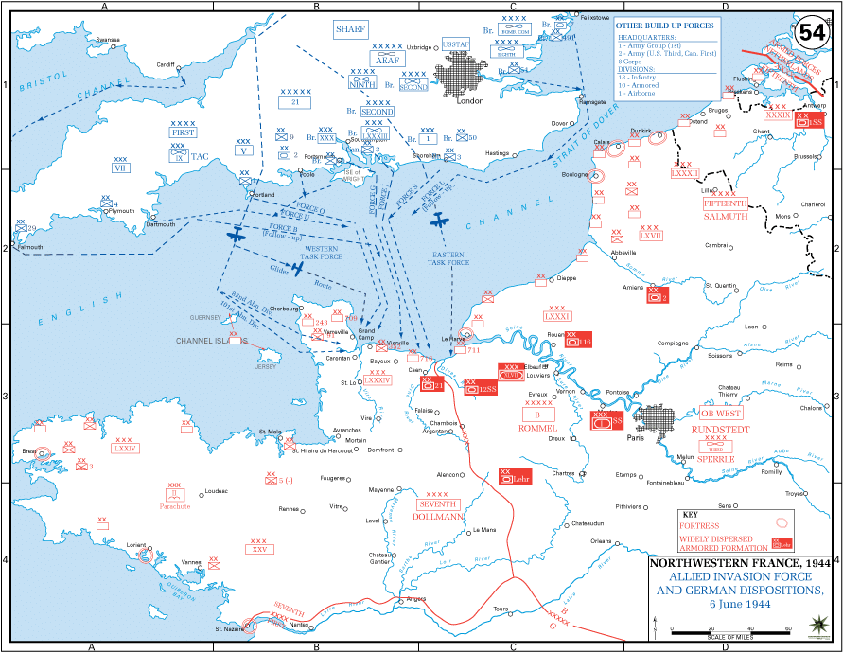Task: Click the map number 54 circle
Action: coord(812,31)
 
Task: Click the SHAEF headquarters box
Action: coord(349,30)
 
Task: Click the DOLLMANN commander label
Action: coord(437,517)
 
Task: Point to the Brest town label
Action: coord(29,451)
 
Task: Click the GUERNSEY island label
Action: coord(207,318)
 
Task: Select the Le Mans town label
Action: coord(483,529)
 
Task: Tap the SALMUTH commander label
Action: coord(725,216)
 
